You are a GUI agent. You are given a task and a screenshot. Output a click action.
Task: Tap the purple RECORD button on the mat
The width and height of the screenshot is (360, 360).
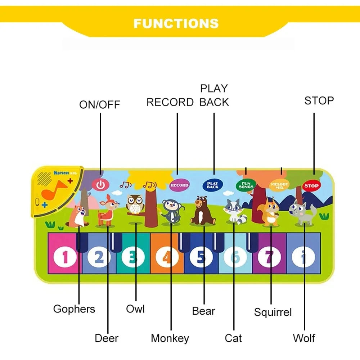point(179,185)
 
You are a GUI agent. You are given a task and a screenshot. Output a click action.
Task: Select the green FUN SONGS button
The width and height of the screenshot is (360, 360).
point(246,185)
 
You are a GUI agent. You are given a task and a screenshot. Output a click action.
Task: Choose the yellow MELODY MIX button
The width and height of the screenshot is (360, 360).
point(279,185)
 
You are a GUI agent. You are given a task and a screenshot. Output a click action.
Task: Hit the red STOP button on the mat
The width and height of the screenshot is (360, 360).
point(311,186)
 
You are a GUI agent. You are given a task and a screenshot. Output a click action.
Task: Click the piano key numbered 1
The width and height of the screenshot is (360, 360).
point(65,257)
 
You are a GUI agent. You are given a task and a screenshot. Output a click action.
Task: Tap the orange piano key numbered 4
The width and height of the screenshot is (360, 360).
point(166,257)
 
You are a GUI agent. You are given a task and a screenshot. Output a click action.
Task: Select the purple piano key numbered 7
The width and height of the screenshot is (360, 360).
point(270,257)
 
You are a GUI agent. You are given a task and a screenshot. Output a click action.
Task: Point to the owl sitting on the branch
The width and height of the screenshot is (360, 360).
point(135,204)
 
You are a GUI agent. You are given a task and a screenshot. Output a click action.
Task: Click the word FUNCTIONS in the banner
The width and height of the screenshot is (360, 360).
point(176,23)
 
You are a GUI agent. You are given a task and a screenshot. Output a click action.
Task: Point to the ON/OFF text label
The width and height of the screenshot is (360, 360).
point(99,105)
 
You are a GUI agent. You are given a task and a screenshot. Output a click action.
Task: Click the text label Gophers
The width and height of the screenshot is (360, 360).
point(74,309)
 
